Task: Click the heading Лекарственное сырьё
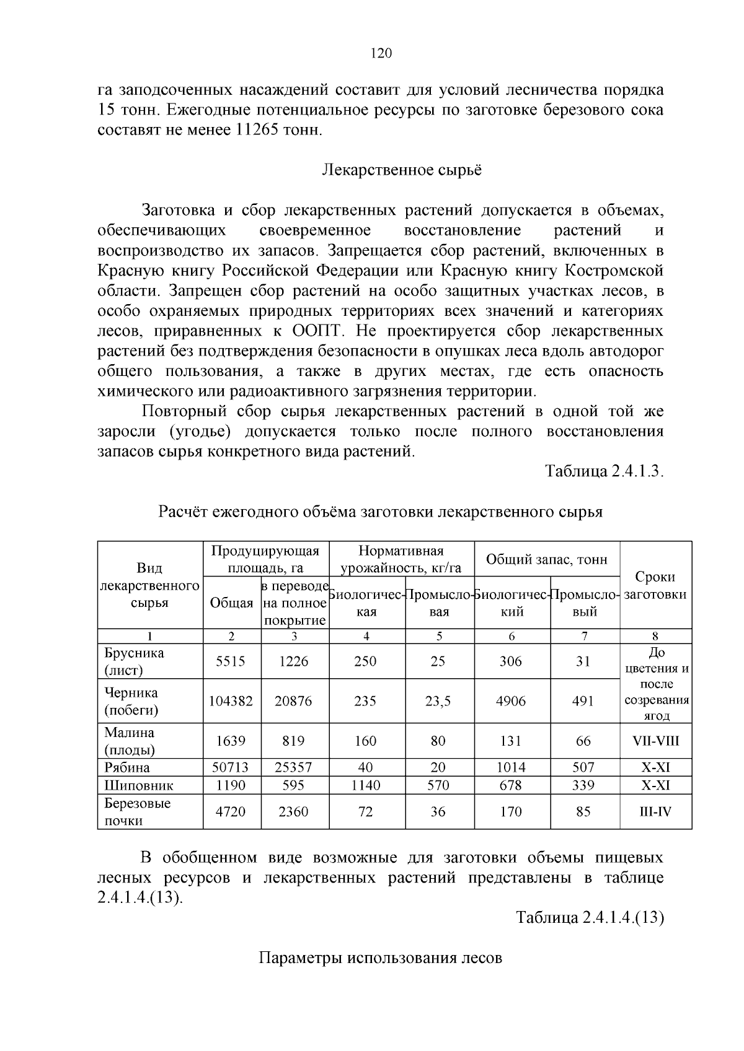pyautogui.click(x=402, y=170)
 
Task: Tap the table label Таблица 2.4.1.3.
pyautogui.click(x=604, y=471)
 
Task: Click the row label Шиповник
pyautogui.click(x=139, y=785)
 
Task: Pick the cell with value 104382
pyautogui.click(x=231, y=701)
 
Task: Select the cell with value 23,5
pyautogui.click(x=438, y=701)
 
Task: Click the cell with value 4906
pyautogui.click(x=511, y=701)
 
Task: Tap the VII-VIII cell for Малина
pyautogui.click(x=655, y=741)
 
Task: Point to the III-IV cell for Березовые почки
pyautogui.click(x=655, y=811)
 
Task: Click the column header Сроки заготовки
pyautogui.click(x=655, y=585)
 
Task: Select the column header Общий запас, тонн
pyautogui.click(x=546, y=560)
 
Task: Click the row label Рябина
pyautogui.click(x=127, y=767)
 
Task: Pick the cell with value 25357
pyautogui.click(x=293, y=767)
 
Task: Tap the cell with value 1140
pyautogui.click(x=366, y=785)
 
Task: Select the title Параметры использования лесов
pyautogui.click(x=379, y=958)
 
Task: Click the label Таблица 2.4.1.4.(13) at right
pyautogui.click(x=590, y=918)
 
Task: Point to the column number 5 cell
pyautogui.click(x=439, y=636)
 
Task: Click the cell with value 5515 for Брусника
pyautogui.click(x=231, y=661)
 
